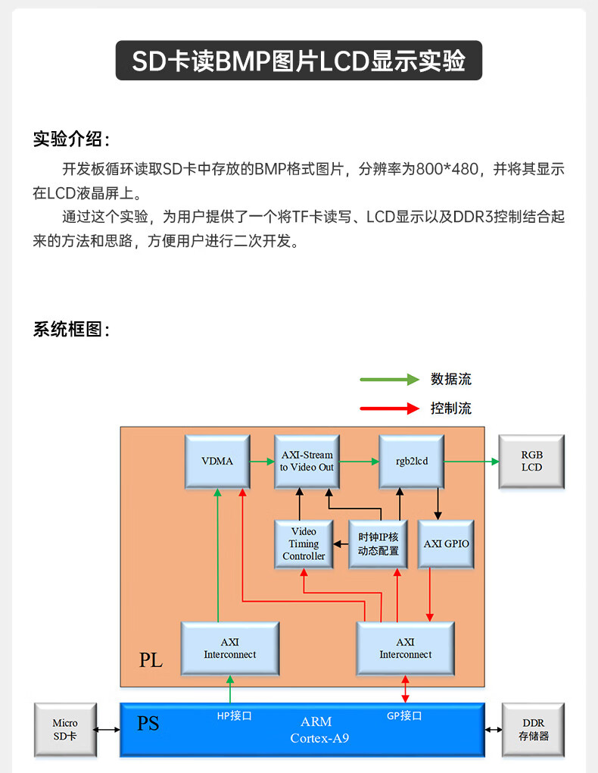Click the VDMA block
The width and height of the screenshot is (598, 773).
tap(217, 462)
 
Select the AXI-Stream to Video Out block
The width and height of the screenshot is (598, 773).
tap(307, 462)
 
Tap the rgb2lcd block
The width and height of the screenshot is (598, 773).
tap(411, 462)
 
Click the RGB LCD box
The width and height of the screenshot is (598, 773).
tap(531, 462)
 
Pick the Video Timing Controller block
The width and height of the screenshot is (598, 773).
tap(304, 544)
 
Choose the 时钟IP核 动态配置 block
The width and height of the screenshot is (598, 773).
tap(378, 544)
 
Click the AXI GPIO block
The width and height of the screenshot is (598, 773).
tap(446, 544)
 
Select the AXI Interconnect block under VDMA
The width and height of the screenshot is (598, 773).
tap(230, 648)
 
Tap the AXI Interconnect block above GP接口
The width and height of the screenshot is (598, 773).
tap(406, 648)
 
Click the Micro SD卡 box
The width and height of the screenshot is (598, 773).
tap(66, 730)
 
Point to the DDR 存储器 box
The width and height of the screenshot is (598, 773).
tap(533, 730)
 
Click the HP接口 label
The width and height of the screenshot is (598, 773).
tap(235, 716)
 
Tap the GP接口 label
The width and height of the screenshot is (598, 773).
tap(404, 716)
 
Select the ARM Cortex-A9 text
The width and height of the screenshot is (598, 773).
tap(319, 730)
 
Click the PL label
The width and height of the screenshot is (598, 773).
tap(151, 659)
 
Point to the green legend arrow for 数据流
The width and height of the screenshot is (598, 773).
tap(390, 379)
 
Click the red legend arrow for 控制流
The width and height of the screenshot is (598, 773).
tap(390, 408)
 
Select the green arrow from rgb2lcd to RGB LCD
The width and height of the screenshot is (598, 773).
tap(472, 462)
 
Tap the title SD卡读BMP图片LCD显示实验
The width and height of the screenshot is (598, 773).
tap(298, 61)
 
